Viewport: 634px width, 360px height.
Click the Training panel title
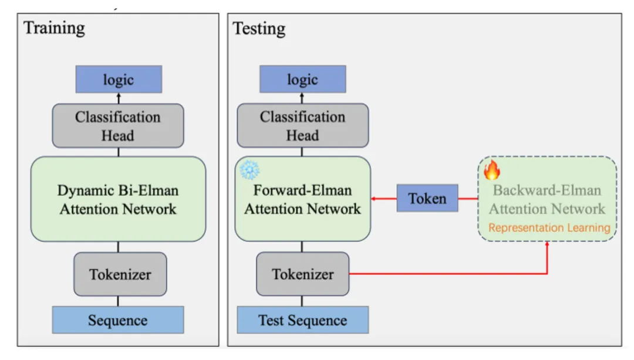click(54, 28)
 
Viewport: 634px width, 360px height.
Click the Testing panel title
click(259, 28)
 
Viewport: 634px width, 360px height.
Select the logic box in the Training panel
click(119, 79)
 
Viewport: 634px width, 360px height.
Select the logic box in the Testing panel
click(302, 79)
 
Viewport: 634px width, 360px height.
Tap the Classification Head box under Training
click(118, 126)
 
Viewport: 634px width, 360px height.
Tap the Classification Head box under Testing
click(302, 126)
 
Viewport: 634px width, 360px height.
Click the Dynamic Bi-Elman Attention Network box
click(118, 199)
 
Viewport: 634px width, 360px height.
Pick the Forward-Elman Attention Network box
click(302, 199)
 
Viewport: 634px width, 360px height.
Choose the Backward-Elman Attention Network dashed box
click(547, 199)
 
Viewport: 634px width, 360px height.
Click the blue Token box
click(427, 198)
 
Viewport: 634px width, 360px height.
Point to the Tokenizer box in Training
click(120, 274)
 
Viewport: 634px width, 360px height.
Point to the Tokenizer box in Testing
click(302, 274)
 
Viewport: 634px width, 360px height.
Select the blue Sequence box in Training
click(118, 321)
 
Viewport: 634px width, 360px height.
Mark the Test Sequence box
click(302, 321)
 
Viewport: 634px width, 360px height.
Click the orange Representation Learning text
click(549, 228)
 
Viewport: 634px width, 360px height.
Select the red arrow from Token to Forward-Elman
click(384, 198)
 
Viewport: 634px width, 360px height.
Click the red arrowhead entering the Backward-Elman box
click(547, 244)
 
